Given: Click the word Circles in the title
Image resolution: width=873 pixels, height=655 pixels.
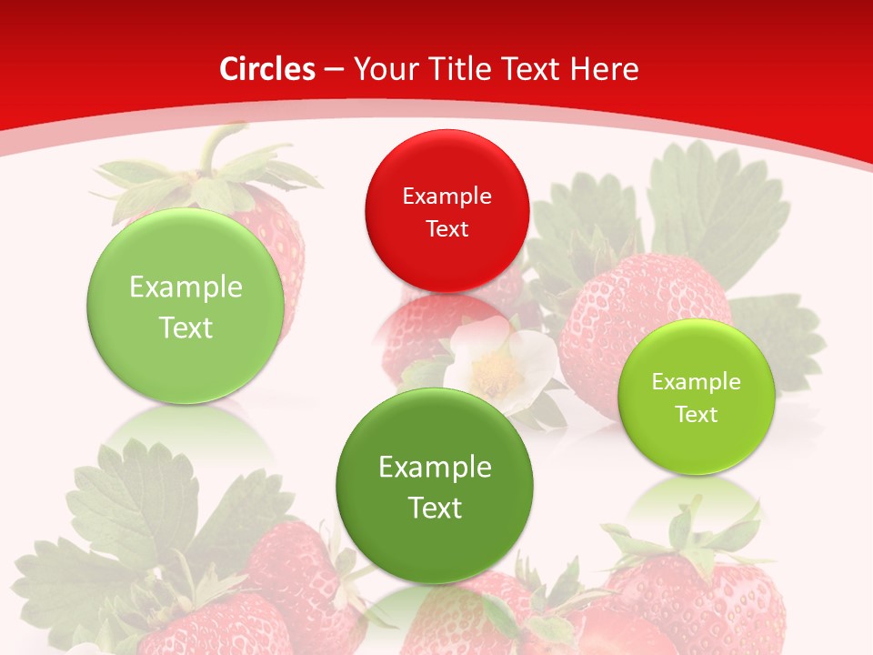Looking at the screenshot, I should (266, 69).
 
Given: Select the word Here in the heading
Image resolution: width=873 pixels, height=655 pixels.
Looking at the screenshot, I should (605, 69).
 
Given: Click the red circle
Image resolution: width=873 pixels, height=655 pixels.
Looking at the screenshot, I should (447, 211).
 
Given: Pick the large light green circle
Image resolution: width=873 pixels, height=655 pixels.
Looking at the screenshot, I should (186, 306).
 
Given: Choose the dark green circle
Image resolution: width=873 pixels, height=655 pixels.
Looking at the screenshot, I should (435, 485).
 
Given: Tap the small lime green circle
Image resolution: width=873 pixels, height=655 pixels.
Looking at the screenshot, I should (696, 398).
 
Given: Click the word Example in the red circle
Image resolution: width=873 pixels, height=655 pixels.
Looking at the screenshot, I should (447, 196).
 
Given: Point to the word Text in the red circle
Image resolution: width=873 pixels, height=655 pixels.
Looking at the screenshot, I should (447, 228).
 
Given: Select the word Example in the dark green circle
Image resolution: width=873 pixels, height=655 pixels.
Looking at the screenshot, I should (435, 467).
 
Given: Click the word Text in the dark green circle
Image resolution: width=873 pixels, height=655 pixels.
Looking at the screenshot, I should (435, 507).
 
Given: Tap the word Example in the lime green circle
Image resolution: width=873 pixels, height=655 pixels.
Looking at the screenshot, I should (696, 382).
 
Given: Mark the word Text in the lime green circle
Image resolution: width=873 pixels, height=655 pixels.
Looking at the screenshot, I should (696, 414).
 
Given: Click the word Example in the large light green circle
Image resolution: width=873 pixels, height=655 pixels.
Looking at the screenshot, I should (186, 287).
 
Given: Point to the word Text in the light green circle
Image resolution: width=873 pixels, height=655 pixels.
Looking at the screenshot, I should (186, 327).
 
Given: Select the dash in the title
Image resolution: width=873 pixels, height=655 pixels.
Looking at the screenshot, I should (333, 70).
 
